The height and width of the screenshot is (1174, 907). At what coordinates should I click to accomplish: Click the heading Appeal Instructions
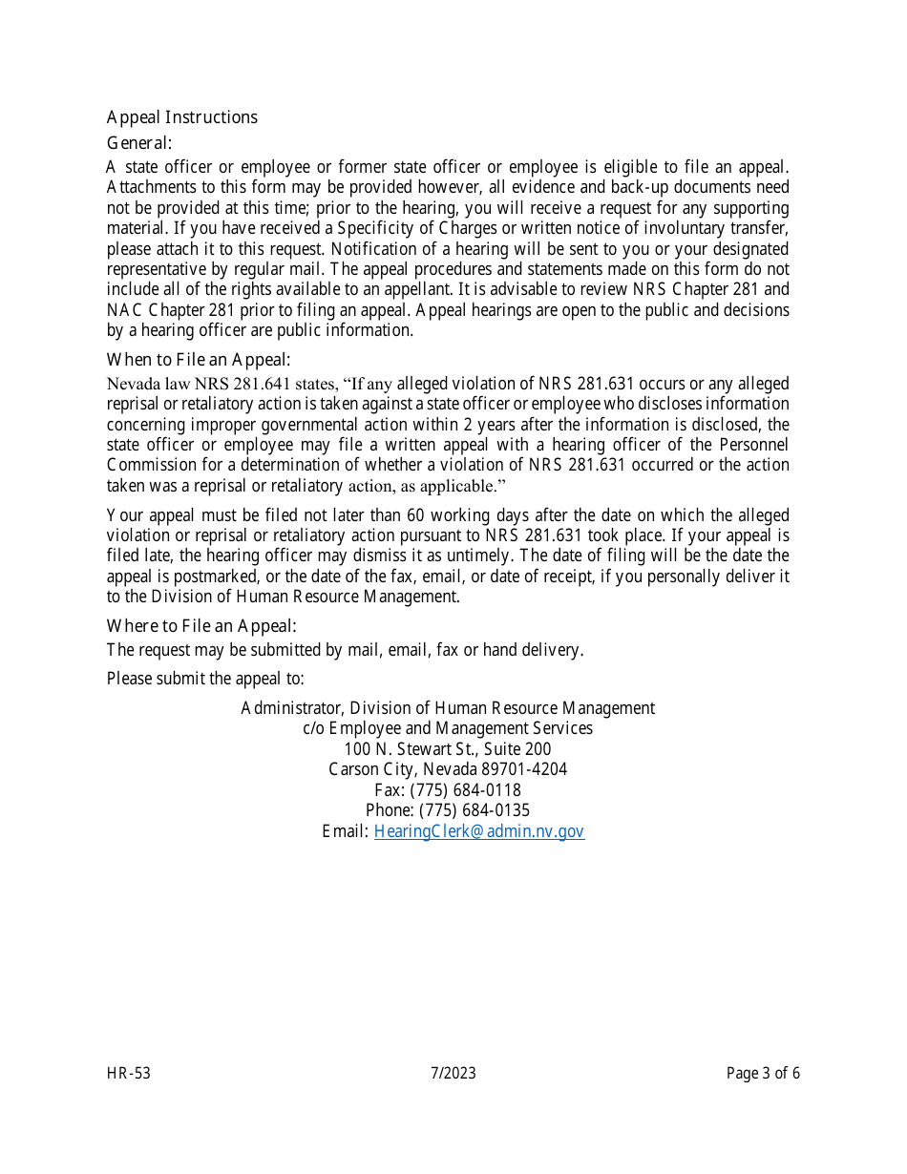(181, 117)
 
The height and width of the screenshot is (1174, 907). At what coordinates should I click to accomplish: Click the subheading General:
(139, 143)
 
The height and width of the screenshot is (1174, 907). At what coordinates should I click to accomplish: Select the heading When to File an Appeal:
(199, 360)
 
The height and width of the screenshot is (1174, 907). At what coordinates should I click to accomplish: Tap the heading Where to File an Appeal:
(201, 626)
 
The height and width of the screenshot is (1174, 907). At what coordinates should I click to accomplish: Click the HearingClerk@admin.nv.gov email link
(478, 831)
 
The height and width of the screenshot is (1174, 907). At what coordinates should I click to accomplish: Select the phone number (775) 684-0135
(474, 810)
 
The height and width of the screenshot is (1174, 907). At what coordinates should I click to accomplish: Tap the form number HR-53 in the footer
(129, 1074)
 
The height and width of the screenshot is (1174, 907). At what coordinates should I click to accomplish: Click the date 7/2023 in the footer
(453, 1074)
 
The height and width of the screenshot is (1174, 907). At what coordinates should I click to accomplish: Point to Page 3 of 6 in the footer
(763, 1074)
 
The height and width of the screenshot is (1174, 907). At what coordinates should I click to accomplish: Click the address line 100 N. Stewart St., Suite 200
(448, 749)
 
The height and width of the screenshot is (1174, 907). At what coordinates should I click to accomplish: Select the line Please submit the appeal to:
(205, 679)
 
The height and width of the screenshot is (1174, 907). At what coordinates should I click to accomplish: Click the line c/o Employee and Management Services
(448, 728)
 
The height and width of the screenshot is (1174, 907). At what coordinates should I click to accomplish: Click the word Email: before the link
(345, 831)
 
